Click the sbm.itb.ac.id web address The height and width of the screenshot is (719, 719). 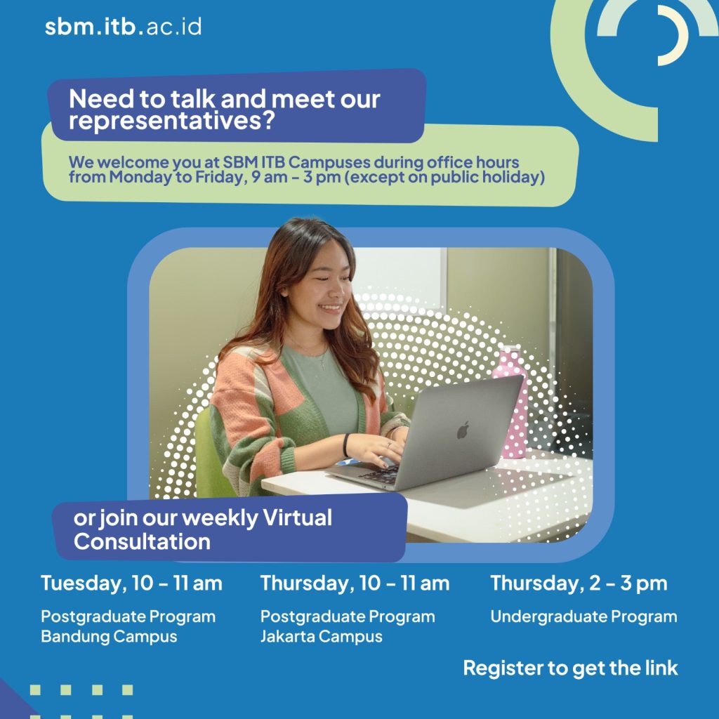(x=123, y=27)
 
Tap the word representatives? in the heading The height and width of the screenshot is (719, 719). (x=171, y=121)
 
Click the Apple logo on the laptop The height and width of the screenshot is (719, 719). (x=463, y=430)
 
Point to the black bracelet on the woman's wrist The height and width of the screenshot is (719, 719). (x=345, y=445)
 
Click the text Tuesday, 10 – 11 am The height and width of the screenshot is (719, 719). (x=131, y=583)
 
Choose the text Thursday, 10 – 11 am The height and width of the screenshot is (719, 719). (x=355, y=583)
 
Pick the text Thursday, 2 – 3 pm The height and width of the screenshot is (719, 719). (x=579, y=583)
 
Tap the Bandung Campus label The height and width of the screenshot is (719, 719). (x=109, y=636)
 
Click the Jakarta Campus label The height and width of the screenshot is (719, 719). (x=321, y=636)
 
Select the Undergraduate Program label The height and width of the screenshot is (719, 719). (x=583, y=616)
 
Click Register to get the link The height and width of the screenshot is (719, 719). (x=570, y=668)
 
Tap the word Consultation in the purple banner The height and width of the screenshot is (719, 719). (x=142, y=541)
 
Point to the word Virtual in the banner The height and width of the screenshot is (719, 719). (x=297, y=517)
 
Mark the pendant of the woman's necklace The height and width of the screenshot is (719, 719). (x=323, y=365)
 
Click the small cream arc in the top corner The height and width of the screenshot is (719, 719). (x=673, y=35)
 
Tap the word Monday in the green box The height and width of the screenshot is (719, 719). (x=140, y=177)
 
